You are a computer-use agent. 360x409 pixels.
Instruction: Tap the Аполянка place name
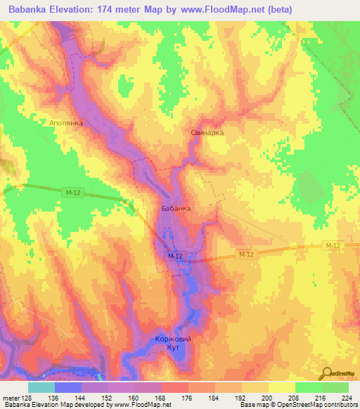[66, 123]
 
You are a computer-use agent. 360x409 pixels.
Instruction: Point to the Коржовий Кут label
[172, 344]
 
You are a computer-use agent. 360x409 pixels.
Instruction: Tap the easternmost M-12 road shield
[333, 245]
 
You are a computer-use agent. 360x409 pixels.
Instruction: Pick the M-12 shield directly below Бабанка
[175, 257]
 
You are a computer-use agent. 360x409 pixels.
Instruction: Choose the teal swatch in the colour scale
[41, 387]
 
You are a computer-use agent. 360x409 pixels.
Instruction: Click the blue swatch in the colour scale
[68, 387]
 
